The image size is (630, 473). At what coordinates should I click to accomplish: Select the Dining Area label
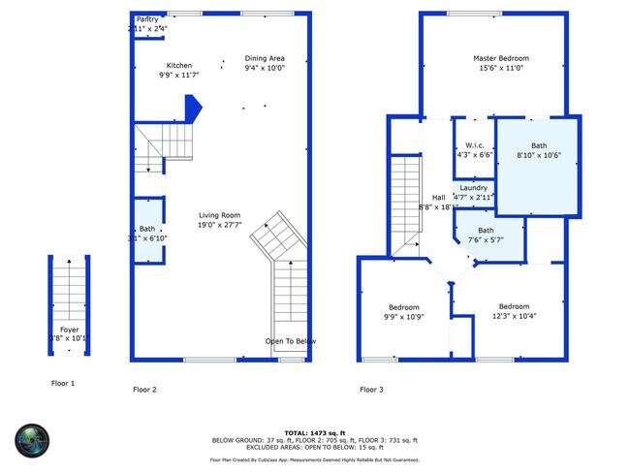point(264,59)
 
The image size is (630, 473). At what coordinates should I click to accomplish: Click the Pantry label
point(147,19)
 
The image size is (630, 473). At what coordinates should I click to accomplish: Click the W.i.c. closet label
point(474,144)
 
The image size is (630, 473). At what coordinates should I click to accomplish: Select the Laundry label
point(473,187)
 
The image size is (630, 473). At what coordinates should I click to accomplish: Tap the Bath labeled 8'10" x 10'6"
point(538,145)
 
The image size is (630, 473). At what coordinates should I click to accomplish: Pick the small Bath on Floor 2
point(147,229)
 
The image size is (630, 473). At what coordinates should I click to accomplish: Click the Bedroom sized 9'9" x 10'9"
point(404,307)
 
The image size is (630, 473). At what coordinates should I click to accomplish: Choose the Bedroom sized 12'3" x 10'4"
point(514,306)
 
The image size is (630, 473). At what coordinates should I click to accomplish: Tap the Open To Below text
point(291,341)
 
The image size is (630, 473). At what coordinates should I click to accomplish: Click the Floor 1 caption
point(62,383)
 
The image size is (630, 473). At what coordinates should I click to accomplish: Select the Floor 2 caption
point(144,390)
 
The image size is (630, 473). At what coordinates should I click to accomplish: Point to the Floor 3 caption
point(371,390)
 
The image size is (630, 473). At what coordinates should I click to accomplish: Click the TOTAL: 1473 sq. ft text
point(315,432)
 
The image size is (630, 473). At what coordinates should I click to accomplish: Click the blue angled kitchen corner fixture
point(192,107)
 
